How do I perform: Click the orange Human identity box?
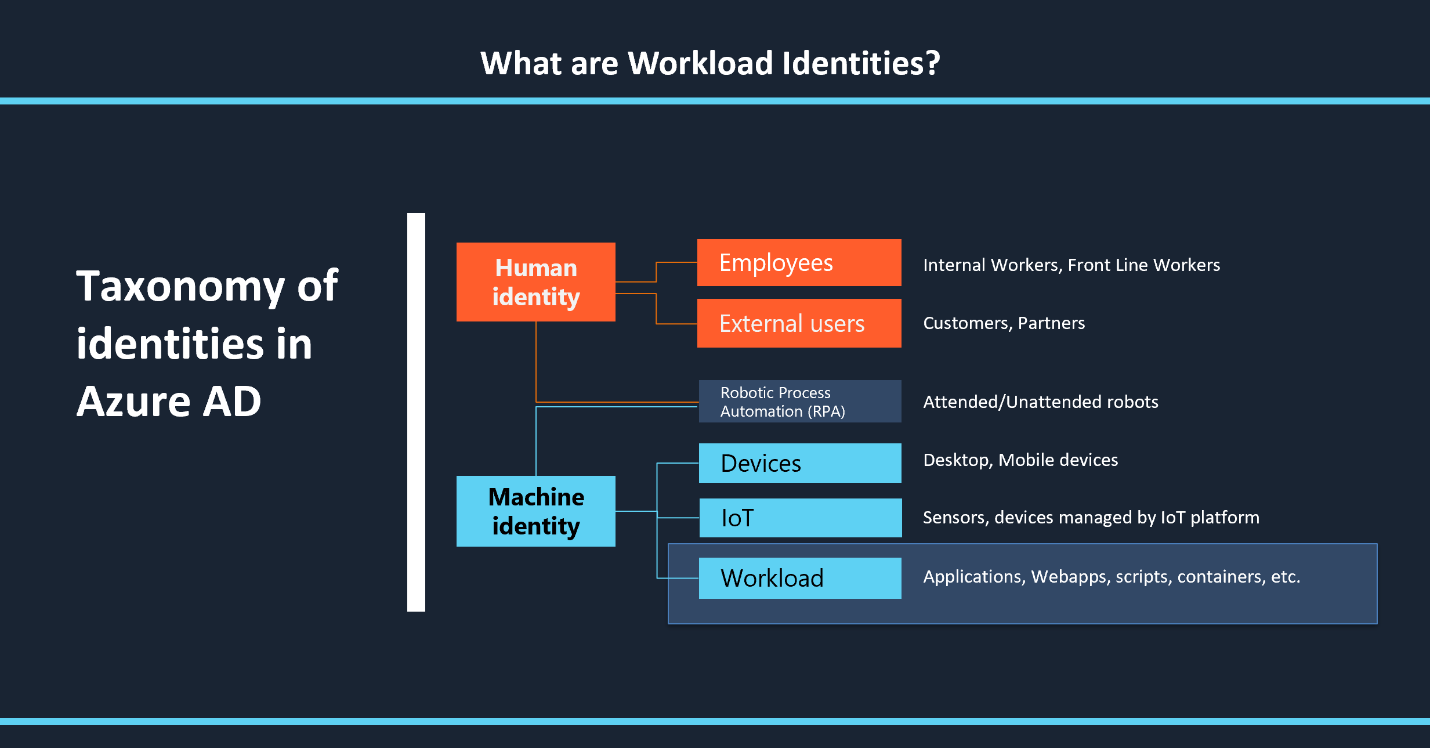point(535,282)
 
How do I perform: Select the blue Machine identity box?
point(535,511)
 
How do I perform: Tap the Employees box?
point(799,263)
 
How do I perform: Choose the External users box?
point(799,323)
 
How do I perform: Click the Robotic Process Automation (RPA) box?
point(800,402)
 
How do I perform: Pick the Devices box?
point(800,463)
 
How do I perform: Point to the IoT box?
point(801,518)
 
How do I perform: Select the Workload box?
point(800,578)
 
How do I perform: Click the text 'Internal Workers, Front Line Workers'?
point(1071,265)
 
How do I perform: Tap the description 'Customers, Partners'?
point(1004,323)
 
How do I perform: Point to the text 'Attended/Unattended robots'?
point(1041,402)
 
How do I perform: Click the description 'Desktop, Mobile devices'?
point(1020,460)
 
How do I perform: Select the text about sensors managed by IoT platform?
point(1091,517)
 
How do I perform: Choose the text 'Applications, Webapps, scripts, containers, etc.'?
point(1112,576)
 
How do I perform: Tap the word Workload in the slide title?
point(700,63)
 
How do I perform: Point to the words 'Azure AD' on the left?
point(169,401)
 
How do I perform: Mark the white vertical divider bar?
point(416,412)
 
